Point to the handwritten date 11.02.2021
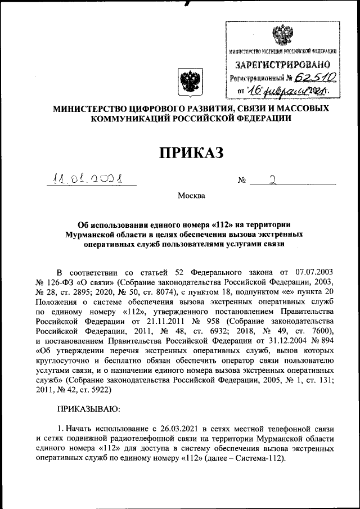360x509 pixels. pyautogui.click(x=92, y=180)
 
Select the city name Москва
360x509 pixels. pyautogui.click(x=192, y=196)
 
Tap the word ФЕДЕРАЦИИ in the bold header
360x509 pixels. pyautogui.click(x=260, y=119)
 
